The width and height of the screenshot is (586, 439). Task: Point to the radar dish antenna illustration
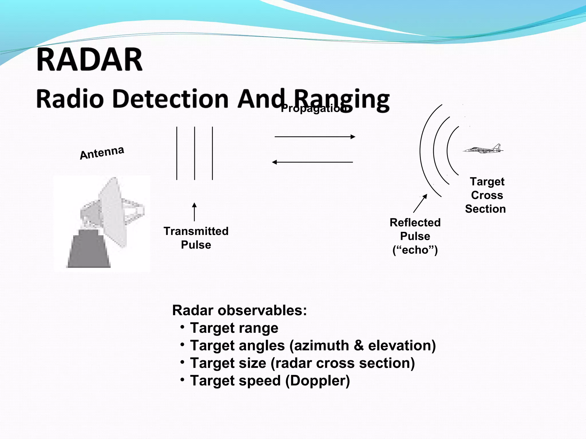point(112,213)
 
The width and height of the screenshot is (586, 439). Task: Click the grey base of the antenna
point(89,252)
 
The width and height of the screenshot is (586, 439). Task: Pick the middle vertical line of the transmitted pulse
point(195,153)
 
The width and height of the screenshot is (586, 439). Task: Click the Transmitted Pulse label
point(196,238)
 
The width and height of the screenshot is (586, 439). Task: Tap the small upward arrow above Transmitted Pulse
point(194,212)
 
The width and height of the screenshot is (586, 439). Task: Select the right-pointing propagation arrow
point(315,137)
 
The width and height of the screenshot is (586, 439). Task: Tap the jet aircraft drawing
point(484,149)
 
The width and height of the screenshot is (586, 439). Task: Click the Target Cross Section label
point(486,195)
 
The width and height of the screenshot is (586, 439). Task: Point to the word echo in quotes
point(415,250)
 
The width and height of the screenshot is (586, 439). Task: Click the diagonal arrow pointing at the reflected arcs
point(420,203)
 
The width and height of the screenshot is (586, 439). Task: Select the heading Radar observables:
point(239,310)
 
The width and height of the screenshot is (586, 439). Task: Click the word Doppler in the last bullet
point(318,381)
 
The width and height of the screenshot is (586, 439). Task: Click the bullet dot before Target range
point(182,326)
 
